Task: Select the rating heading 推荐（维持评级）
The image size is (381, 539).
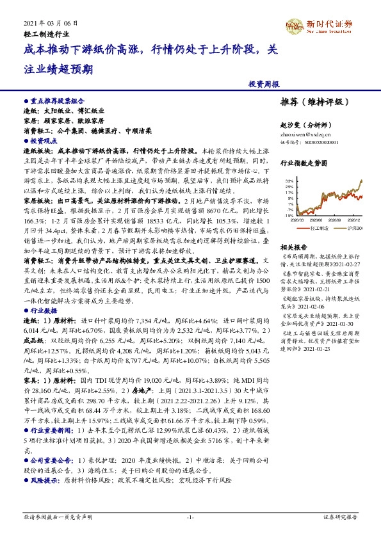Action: pos(318,102)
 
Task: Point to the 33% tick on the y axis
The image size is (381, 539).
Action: pos(290,181)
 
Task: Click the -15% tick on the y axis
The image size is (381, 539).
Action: pos(290,216)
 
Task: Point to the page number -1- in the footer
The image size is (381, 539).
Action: pos(190,516)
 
